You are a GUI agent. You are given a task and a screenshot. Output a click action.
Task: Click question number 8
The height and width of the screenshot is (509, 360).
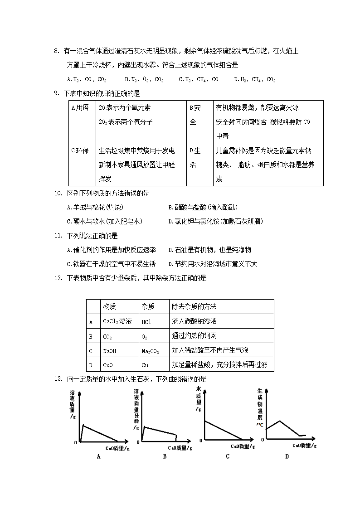pyautogui.click(x=56, y=51)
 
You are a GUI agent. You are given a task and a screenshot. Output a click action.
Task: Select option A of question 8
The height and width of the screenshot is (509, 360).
pyautogui.click(x=87, y=79)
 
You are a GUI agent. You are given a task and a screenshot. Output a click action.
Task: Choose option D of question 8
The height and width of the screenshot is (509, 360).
pyautogui.click(x=254, y=79)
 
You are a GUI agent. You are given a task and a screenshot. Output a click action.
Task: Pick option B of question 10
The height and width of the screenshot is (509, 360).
pyautogui.click(x=203, y=208)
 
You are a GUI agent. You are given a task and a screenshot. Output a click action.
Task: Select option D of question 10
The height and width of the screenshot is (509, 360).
pyautogui.click(x=215, y=221)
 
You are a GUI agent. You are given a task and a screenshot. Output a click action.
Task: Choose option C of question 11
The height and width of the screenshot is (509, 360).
pyautogui.click(x=111, y=264)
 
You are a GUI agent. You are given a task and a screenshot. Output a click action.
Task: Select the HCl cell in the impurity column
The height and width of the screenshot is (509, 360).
pyautogui.click(x=146, y=321)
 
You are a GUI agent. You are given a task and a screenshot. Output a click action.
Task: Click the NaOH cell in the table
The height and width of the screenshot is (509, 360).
pyautogui.click(x=110, y=350)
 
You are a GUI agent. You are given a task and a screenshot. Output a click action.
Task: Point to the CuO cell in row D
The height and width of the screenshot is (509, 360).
pyautogui.click(x=108, y=365)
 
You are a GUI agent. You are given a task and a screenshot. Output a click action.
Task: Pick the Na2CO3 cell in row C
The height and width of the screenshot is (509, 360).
pyautogui.click(x=151, y=351)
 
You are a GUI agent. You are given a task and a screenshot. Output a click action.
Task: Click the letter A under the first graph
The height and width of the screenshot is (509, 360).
pyautogui.click(x=98, y=456)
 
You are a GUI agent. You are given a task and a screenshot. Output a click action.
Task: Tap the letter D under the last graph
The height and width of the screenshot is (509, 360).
pyautogui.click(x=287, y=456)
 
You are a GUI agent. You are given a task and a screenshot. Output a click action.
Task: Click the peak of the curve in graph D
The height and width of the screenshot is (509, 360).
pyautogui.click(x=281, y=421)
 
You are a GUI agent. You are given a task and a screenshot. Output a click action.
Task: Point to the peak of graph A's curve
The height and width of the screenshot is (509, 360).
pyautogui.click(x=83, y=425)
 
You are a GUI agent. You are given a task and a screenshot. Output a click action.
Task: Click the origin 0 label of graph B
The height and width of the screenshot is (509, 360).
pyautogui.click(x=138, y=442)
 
